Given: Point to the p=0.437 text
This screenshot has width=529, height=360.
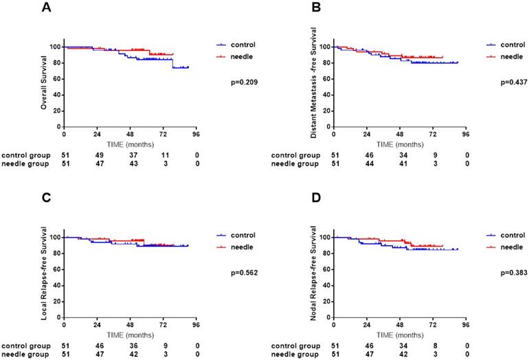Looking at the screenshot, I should (x=513, y=82).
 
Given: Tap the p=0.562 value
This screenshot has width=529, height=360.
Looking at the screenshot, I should (x=244, y=272).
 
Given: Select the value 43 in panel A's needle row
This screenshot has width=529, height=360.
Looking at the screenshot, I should (x=130, y=165).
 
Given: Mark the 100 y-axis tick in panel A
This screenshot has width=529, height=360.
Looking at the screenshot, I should (x=54, y=47).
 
